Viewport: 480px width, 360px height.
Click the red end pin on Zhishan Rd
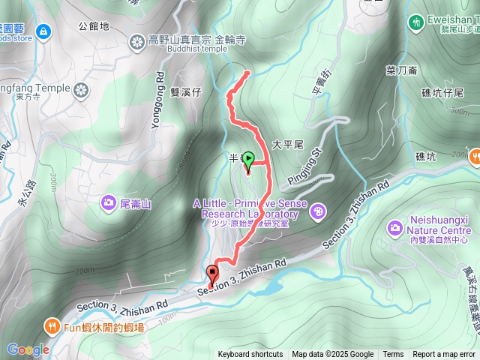(x=212, y=275)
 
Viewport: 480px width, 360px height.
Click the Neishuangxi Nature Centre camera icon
(x=394, y=226)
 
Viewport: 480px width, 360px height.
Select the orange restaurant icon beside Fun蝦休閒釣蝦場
(x=51, y=326)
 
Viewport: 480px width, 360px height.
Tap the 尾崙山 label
(x=136, y=203)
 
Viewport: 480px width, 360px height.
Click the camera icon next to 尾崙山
(x=109, y=202)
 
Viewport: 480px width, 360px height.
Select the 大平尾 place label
(x=286, y=142)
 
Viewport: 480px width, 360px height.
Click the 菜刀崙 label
(x=401, y=70)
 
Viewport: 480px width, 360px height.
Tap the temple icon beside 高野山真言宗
(x=136, y=40)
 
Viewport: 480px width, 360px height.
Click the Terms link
(x=393, y=355)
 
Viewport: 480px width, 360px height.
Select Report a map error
(x=445, y=355)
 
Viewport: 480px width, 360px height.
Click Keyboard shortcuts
(x=250, y=355)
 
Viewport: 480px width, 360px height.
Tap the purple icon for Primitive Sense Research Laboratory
(x=317, y=212)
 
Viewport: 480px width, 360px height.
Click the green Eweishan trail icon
(x=415, y=23)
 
